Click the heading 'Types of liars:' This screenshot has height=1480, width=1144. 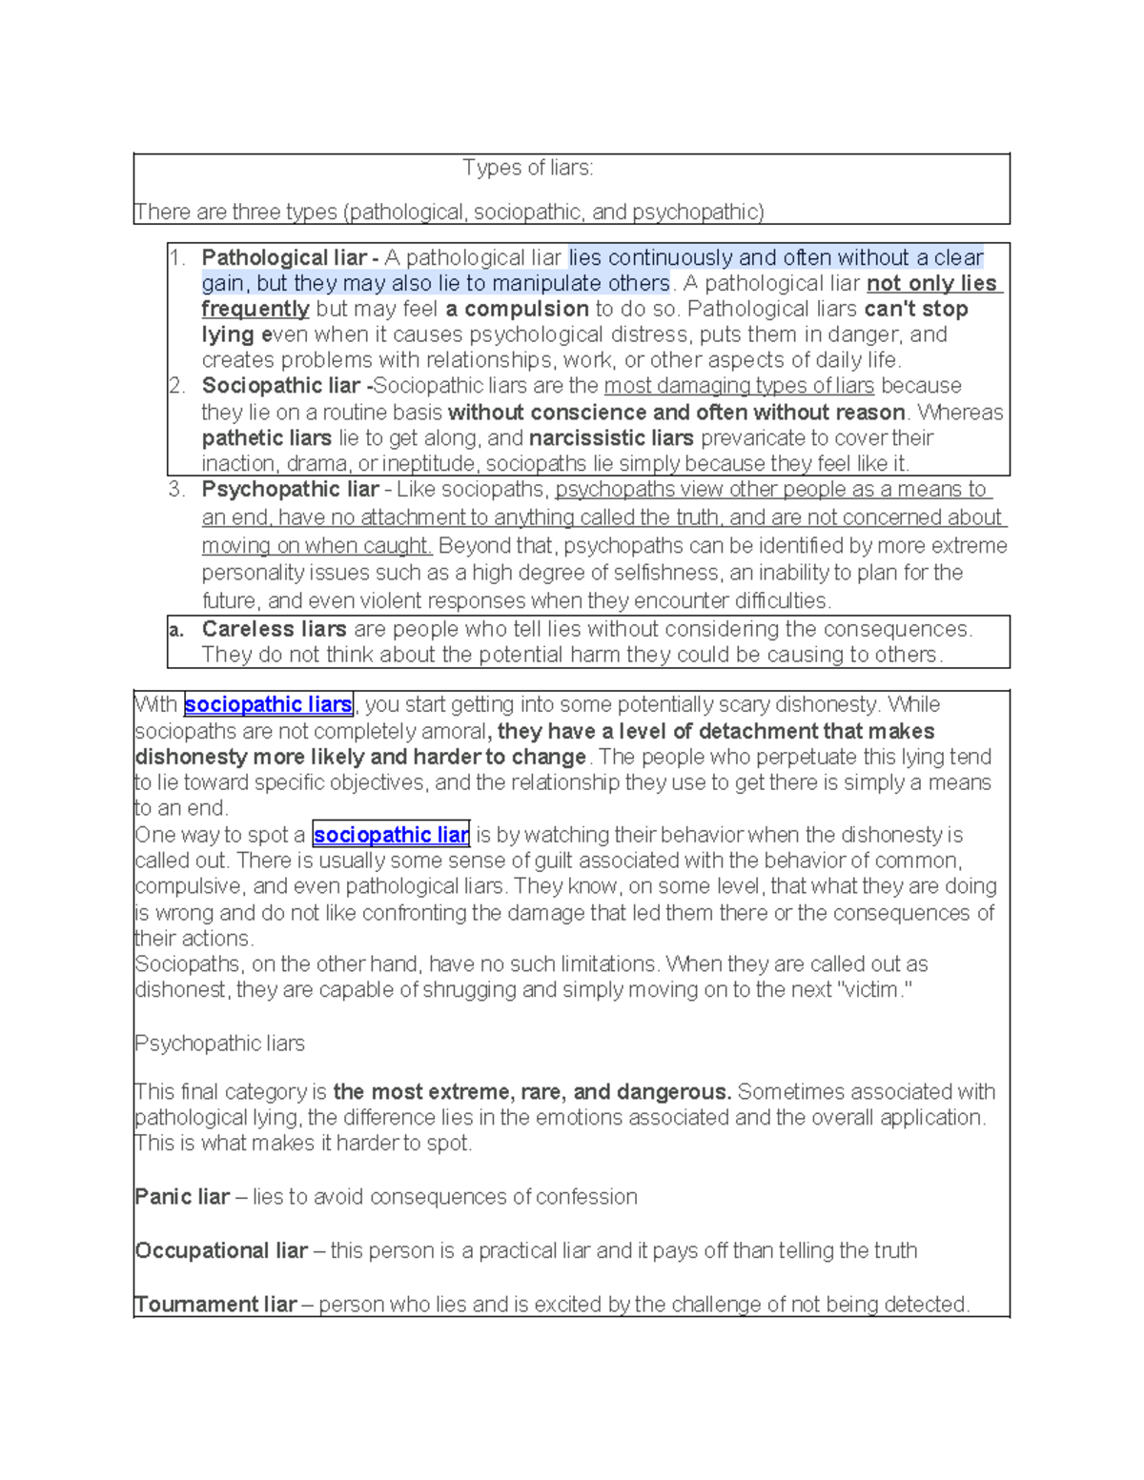coord(527,169)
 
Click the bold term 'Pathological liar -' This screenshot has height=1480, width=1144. coord(290,258)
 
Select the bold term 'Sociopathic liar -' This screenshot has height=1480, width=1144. coord(286,386)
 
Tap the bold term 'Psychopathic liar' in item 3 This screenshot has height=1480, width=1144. coord(290,490)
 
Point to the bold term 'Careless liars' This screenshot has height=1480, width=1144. coord(274,629)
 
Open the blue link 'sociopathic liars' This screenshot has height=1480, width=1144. coord(268,705)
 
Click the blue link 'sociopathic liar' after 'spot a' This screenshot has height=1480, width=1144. coord(391,836)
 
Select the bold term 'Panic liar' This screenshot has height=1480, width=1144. coord(182,1197)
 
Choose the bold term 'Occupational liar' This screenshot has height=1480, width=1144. coord(221,1250)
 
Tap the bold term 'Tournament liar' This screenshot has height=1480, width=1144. coord(215,1305)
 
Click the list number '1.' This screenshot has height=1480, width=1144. coord(177,258)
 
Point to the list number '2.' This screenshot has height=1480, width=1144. coord(177,386)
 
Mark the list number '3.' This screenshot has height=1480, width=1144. coord(177,490)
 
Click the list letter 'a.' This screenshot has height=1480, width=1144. coord(175,630)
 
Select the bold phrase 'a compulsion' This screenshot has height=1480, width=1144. coord(517,310)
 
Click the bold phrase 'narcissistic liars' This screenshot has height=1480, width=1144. coord(611,438)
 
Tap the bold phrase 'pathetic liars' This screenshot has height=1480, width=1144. coord(266,438)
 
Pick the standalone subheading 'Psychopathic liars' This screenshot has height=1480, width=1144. coord(219,1044)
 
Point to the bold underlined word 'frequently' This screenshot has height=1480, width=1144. coord(255,310)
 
